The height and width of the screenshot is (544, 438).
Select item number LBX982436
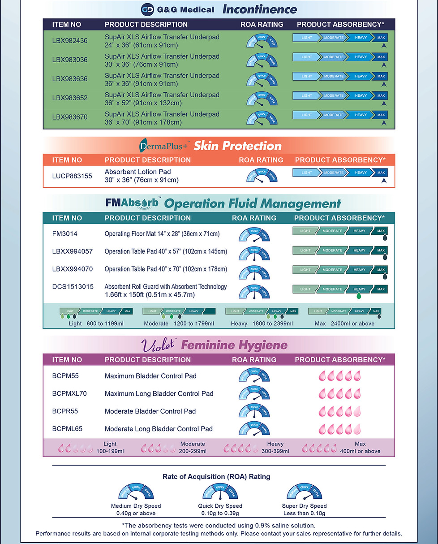(x=70, y=41)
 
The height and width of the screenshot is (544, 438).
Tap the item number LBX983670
(x=70, y=117)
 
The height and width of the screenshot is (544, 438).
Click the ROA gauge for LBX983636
(x=262, y=79)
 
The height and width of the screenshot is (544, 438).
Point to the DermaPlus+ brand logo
(x=164, y=146)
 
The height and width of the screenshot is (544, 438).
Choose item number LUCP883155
(x=72, y=176)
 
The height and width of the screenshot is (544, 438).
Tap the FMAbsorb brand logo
(x=133, y=203)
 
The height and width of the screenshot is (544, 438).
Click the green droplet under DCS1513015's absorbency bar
(x=358, y=296)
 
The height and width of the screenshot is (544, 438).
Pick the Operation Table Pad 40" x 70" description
(x=166, y=269)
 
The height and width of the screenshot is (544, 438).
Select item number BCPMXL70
(x=69, y=394)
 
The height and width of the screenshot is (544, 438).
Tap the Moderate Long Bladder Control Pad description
(x=159, y=429)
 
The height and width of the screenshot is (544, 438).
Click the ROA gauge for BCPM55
(x=254, y=376)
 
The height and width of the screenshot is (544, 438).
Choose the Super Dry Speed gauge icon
(x=304, y=492)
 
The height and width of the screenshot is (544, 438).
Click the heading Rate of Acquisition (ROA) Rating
(x=216, y=477)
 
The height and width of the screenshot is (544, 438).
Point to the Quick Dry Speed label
(x=219, y=506)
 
